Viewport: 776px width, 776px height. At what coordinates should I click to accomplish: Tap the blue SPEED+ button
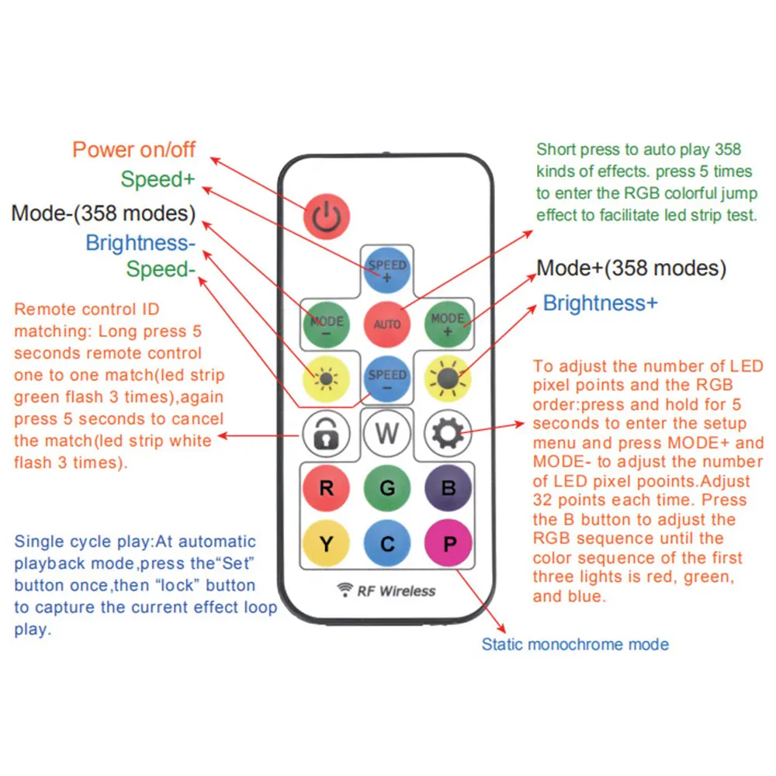[x=387, y=270]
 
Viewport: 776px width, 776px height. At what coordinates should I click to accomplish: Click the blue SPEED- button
[x=387, y=379]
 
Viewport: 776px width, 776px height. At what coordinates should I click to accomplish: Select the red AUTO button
[x=387, y=324]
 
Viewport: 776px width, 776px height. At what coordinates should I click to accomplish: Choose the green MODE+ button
[x=449, y=324]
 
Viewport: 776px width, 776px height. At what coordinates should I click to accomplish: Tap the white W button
[x=387, y=432]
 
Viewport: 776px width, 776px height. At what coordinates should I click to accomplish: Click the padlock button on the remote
[x=326, y=432]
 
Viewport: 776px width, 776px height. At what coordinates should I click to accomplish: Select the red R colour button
[x=326, y=488]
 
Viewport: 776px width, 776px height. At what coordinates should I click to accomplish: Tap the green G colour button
[x=387, y=488]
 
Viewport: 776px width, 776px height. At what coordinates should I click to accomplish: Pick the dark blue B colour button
[x=449, y=488]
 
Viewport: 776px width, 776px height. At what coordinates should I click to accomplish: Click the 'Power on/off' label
[x=134, y=149]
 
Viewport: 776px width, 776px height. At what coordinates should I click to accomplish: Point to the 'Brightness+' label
[x=599, y=303]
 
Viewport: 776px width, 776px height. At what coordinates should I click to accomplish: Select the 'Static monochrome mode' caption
[x=575, y=644]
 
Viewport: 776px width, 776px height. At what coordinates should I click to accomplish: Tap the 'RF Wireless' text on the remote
[x=396, y=591]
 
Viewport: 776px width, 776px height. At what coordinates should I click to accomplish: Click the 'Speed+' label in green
[x=158, y=179]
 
